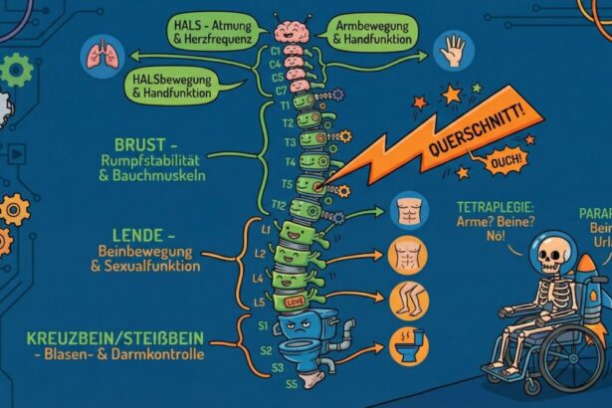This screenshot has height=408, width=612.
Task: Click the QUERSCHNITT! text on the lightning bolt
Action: click(x=474, y=142)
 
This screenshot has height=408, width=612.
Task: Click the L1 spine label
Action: click(x=267, y=230)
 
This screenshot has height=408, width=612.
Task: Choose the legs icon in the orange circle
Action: click(x=409, y=296)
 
